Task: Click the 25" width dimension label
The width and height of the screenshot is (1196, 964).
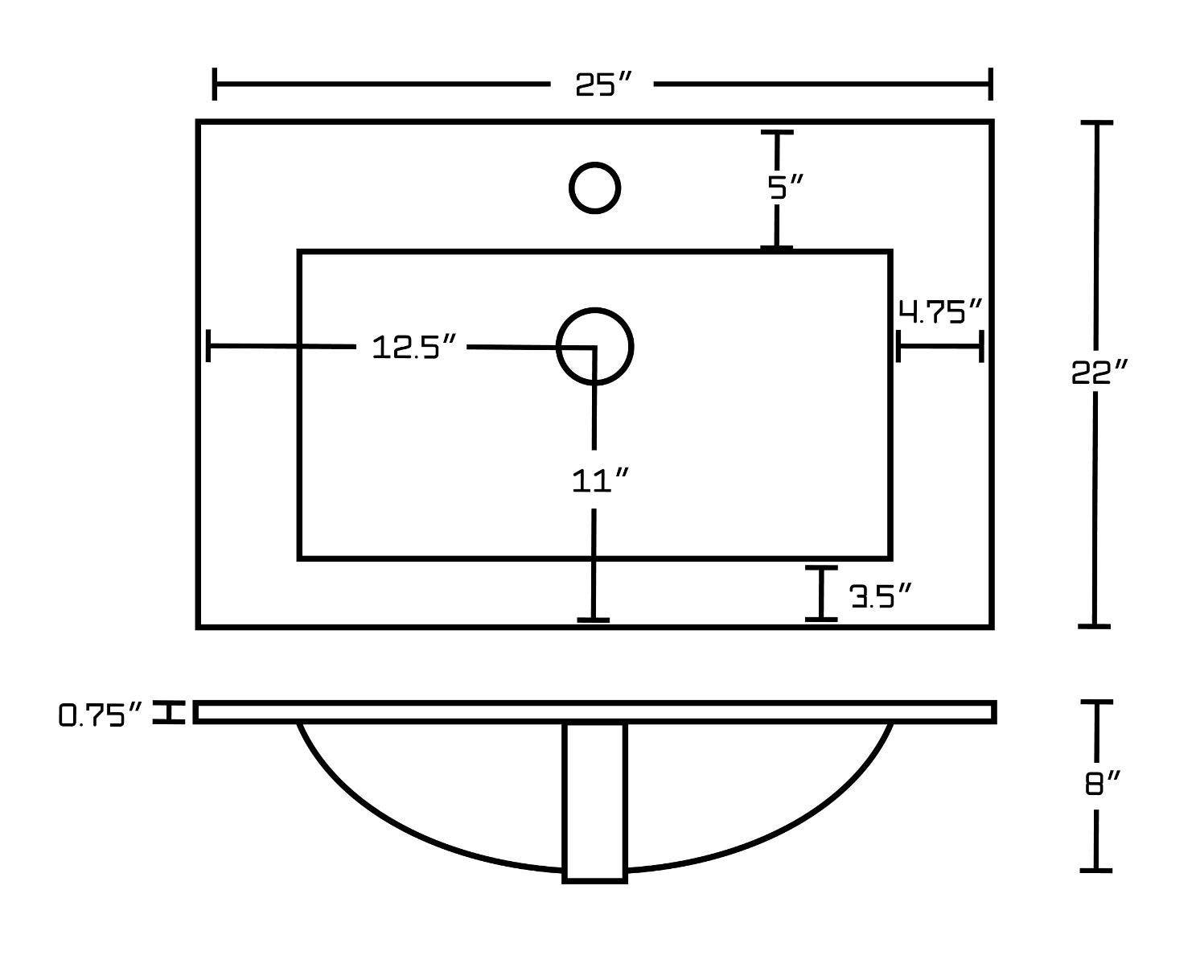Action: pos(604,84)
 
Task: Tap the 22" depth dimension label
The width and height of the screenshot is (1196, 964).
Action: pos(1099,373)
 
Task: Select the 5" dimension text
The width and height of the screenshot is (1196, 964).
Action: pos(785,188)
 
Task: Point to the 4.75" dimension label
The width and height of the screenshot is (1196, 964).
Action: pos(940,311)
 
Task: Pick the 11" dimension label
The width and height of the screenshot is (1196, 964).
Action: pos(599,481)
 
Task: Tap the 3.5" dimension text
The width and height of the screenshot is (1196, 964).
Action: pos(882,596)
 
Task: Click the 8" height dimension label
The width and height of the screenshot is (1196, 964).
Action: pos(1103,782)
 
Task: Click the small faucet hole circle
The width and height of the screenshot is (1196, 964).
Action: pos(594,188)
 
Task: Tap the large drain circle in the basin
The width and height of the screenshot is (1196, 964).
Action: pos(595,346)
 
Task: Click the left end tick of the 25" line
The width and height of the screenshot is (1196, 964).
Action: pos(215,84)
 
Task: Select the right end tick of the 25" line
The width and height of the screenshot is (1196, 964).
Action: pos(990,84)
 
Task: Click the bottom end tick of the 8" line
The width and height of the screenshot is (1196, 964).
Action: pos(1095,870)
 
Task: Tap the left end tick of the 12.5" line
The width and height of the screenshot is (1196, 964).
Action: pos(209,346)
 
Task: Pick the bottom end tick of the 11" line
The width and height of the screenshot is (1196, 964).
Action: pos(594,620)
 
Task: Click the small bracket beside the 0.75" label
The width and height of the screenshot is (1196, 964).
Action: pos(169,712)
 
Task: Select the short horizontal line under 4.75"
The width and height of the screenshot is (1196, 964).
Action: pos(939,346)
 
